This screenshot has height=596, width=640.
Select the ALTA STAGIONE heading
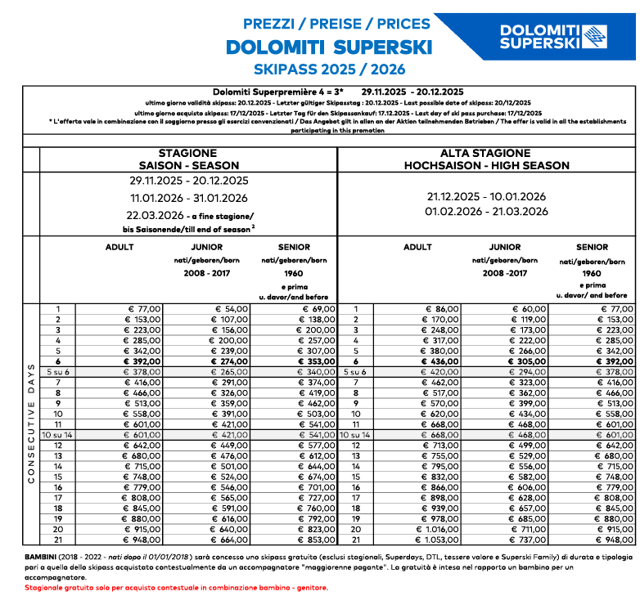(485, 153)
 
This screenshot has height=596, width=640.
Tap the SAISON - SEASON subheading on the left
(188, 165)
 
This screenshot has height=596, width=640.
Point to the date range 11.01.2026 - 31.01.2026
(188, 197)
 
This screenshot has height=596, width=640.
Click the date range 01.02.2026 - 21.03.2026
(486, 211)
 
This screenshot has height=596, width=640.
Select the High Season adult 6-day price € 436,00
(443, 361)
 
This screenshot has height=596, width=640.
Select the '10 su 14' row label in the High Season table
(354, 436)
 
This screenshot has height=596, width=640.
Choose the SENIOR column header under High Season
(592, 246)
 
